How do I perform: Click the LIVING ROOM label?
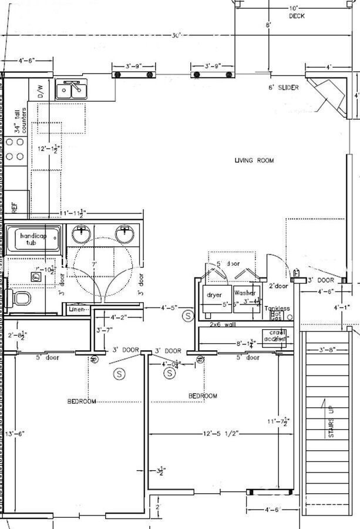pyautogui.click(x=254, y=160)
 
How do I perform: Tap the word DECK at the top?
pyautogui.click(x=297, y=16)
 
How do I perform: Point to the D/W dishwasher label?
pyautogui.click(x=41, y=91)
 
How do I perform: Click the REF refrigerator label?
pyautogui.click(x=15, y=207)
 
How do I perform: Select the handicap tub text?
pyautogui.click(x=32, y=239)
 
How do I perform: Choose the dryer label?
pyautogui.click(x=214, y=294)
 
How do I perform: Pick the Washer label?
pyautogui.click(x=245, y=293)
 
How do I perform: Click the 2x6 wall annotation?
pyautogui.click(x=223, y=324)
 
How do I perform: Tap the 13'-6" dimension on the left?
pyautogui.click(x=16, y=434)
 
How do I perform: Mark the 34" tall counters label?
pyautogui.click(x=20, y=121)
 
